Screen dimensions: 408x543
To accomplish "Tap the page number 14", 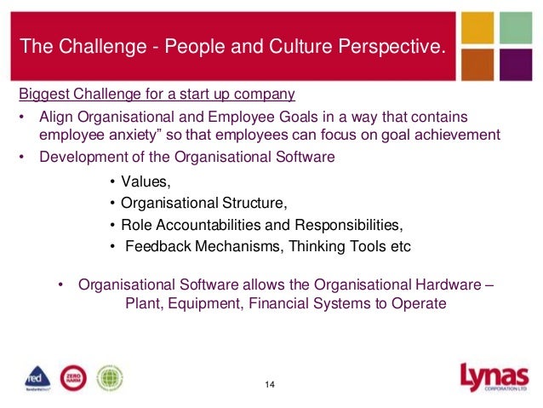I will pos(270,385).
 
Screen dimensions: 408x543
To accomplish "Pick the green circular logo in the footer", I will pos(109,376).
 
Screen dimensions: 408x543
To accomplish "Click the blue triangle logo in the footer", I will pos(37,376).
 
